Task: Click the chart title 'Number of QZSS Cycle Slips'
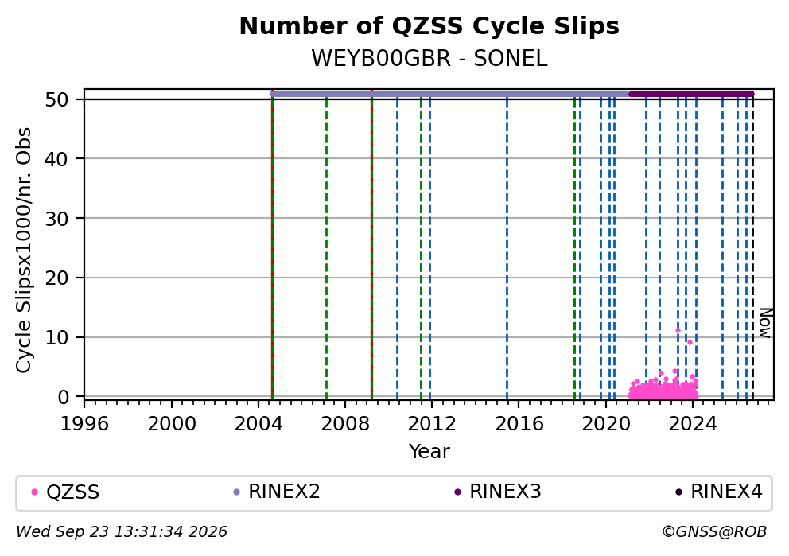(x=429, y=26)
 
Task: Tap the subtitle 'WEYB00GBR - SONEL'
(x=429, y=58)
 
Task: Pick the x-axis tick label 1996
(x=84, y=424)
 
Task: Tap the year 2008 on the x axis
(x=345, y=424)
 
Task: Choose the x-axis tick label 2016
(x=519, y=424)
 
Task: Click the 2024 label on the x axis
(x=693, y=424)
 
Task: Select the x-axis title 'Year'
(x=429, y=451)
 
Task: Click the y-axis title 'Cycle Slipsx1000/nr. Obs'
(x=24, y=250)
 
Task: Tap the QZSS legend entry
(x=65, y=492)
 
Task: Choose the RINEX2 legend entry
(x=277, y=492)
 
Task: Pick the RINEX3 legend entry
(x=498, y=492)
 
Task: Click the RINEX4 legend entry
(x=719, y=492)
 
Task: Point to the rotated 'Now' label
(x=765, y=323)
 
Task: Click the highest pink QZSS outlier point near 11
(x=678, y=331)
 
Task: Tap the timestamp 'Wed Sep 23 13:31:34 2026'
(x=122, y=531)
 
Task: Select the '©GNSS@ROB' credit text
(x=714, y=531)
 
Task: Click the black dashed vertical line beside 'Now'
(x=752, y=247)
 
